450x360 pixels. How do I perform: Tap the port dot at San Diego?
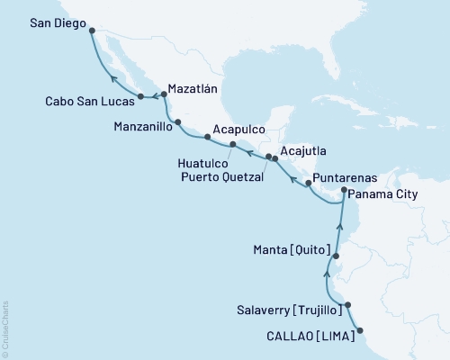click(x=93, y=30)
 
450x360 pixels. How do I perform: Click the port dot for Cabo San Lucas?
click(x=140, y=96)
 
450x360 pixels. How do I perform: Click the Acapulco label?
click(x=239, y=129)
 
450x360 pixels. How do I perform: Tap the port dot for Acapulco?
click(x=208, y=138)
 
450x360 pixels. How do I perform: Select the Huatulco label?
click(x=191, y=163)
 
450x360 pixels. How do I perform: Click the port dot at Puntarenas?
click(x=310, y=184)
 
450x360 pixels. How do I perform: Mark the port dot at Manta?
click(x=336, y=256)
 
